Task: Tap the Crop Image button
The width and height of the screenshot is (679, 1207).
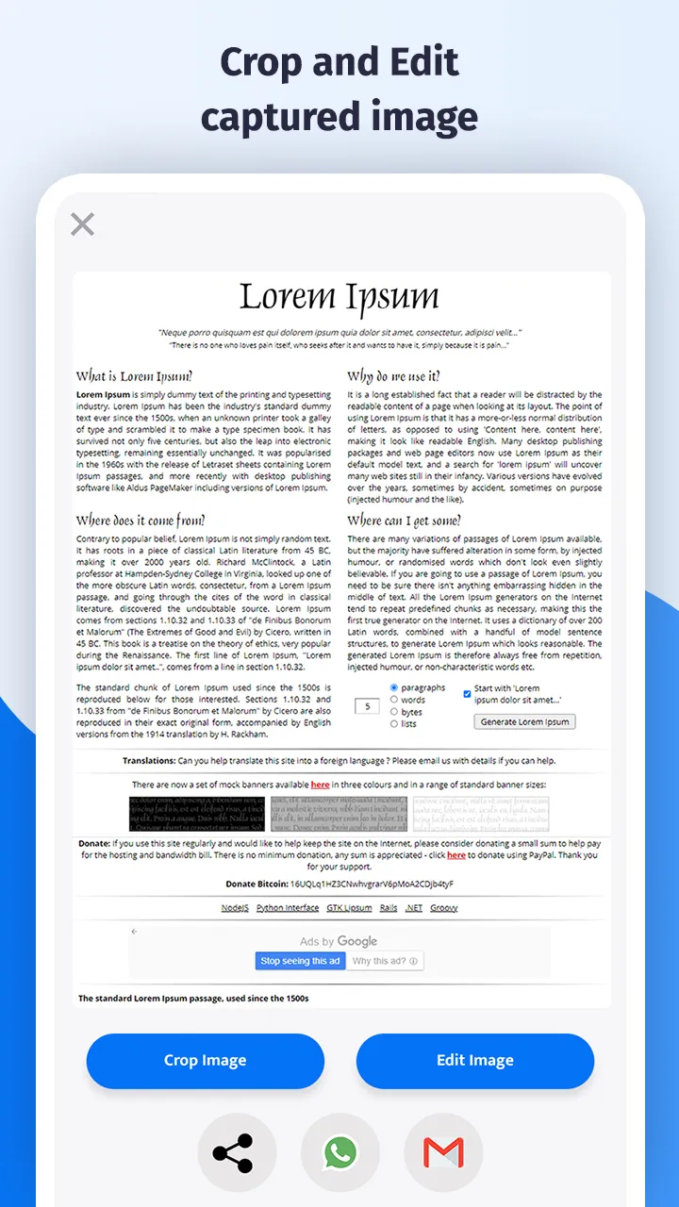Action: pos(205,1060)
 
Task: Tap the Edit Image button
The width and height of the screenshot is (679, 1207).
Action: pos(474,1060)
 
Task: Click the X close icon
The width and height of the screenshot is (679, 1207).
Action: pos(83,224)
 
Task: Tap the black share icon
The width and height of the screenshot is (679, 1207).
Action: pos(233,1152)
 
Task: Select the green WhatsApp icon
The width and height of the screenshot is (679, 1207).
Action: pos(339,1152)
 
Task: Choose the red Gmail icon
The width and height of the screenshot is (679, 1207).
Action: pos(443,1152)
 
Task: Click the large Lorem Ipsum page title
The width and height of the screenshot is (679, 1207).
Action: pos(339,296)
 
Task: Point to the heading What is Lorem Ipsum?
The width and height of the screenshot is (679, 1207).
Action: pos(134,376)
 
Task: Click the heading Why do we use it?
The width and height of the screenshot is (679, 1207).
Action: pos(393,376)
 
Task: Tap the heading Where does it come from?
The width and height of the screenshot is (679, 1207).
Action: pos(141,521)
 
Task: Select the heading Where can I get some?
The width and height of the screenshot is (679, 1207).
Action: pos(405,521)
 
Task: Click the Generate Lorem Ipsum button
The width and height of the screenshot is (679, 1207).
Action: pos(524,721)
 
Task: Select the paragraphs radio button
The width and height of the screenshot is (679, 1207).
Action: pos(394,687)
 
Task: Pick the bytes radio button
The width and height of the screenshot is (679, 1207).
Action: pos(394,712)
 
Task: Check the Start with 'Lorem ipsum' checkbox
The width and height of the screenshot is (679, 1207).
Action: pos(467,694)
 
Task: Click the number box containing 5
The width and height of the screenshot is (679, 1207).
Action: pos(367,705)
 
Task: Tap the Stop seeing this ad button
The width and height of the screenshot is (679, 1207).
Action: pos(300,961)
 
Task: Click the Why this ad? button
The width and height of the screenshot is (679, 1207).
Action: pos(385,961)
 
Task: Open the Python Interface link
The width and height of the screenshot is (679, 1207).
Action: pos(288,907)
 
